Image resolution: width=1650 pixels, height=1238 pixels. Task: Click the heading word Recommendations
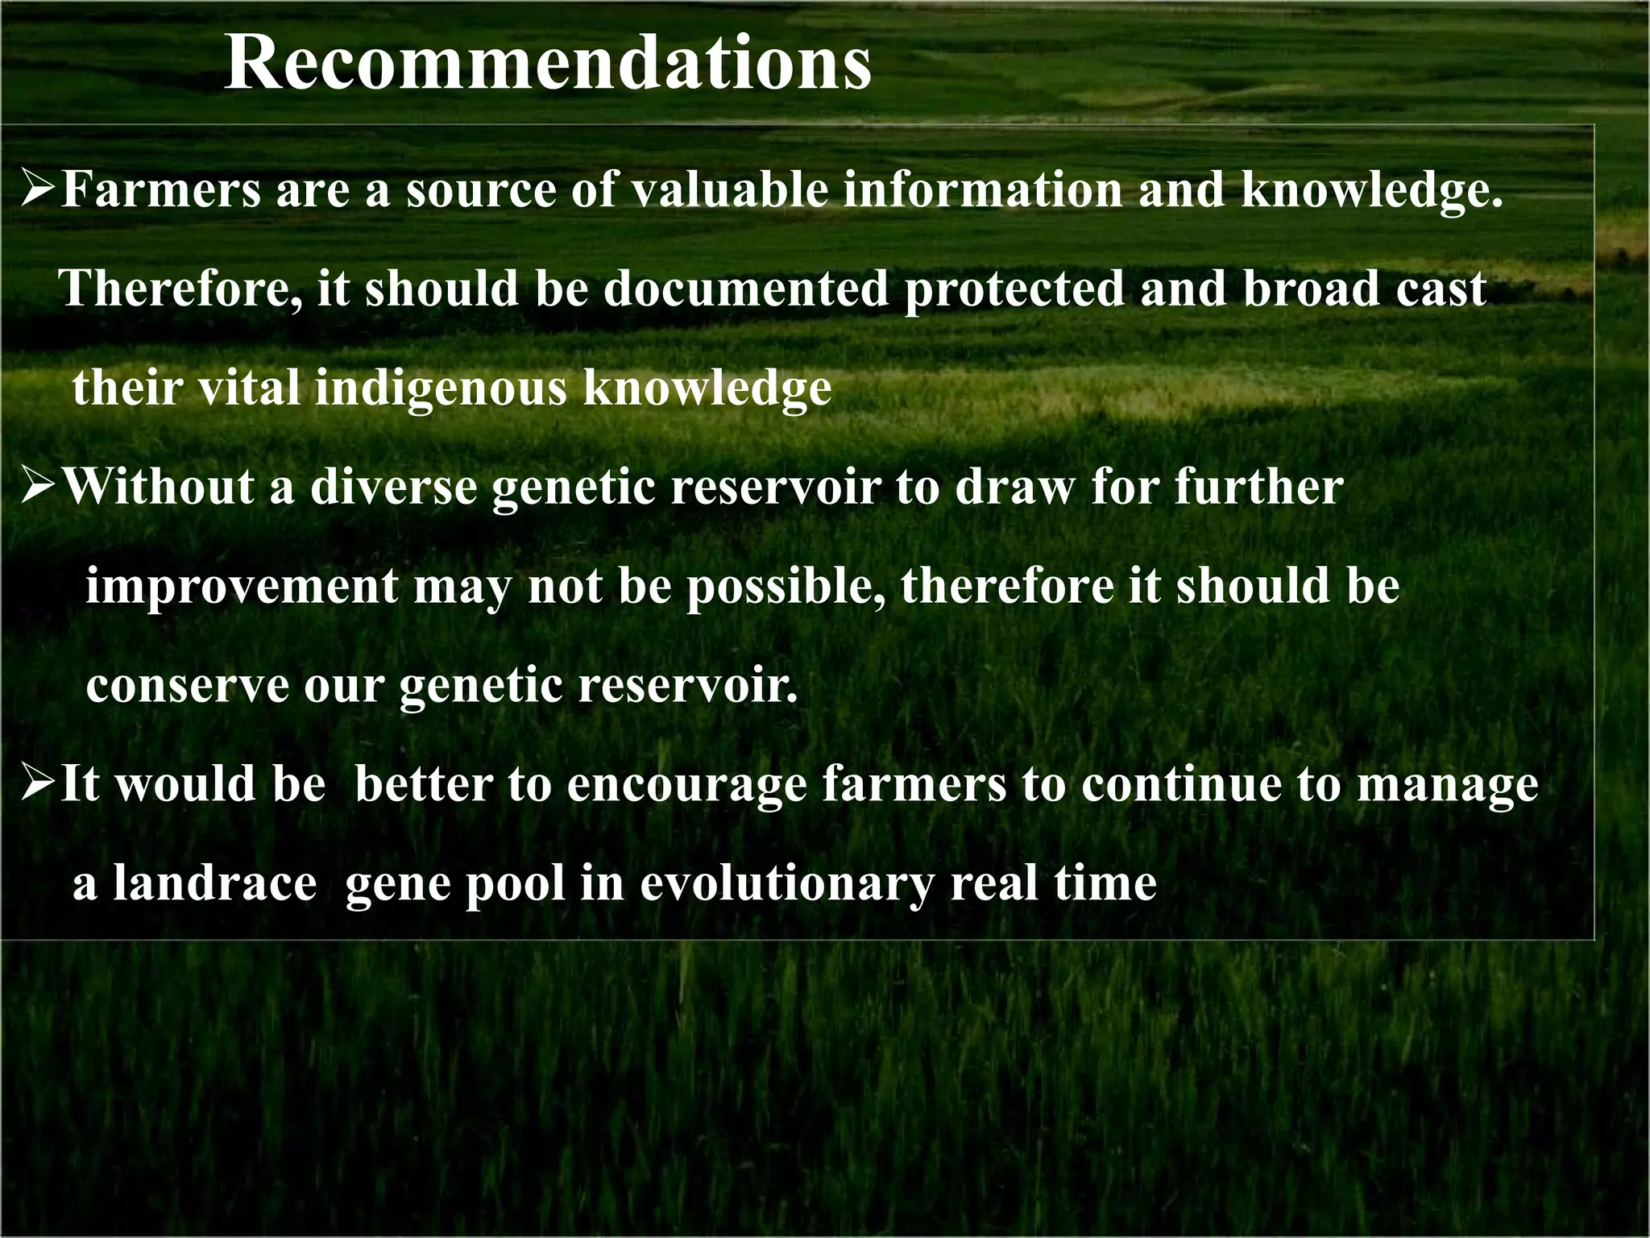click(x=548, y=64)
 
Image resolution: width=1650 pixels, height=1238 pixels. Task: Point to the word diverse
click(x=395, y=488)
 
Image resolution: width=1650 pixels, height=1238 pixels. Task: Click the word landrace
click(x=214, y=883)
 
